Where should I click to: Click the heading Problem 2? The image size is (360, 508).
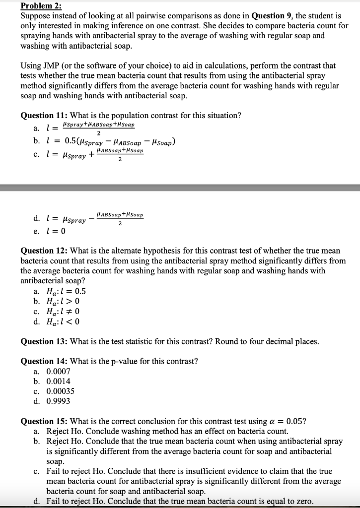[x=41, y=6]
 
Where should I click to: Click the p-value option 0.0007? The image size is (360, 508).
[x=58, y=371]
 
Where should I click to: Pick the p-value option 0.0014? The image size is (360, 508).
[x=58, y=381]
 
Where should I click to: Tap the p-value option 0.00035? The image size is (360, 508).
[x=60, y=391]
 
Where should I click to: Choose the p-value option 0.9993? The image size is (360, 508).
[x=58, y=401]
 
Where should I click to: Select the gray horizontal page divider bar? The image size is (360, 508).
[x=180, y=188]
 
